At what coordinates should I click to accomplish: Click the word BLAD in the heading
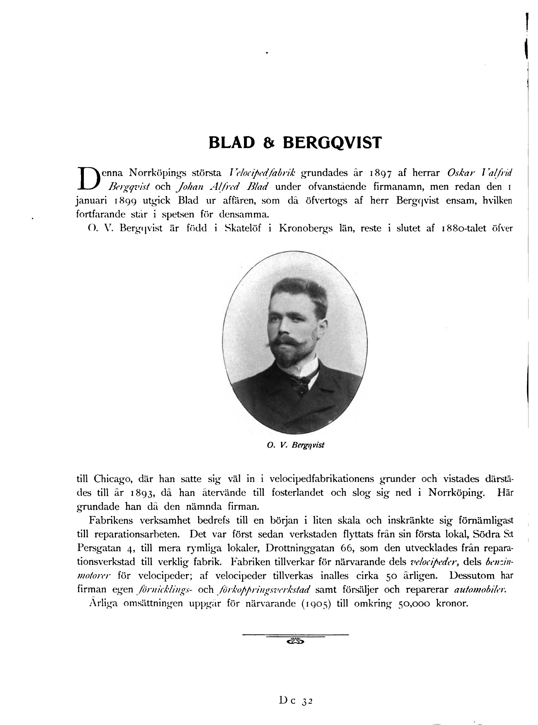pos(232,143)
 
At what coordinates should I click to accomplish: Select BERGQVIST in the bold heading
pos(332,143)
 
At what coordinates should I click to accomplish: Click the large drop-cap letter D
pos(87,178)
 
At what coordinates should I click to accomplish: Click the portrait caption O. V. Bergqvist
pos(295,445)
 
